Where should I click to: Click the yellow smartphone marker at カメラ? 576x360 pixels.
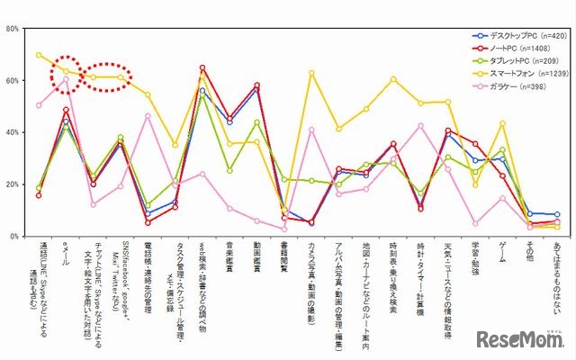tap(311, 73)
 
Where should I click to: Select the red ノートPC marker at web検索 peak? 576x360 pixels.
tap(202, 67)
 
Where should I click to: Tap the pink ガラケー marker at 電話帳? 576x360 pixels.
tap(148, 116)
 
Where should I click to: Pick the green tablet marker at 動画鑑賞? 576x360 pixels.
tap(257, 122)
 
